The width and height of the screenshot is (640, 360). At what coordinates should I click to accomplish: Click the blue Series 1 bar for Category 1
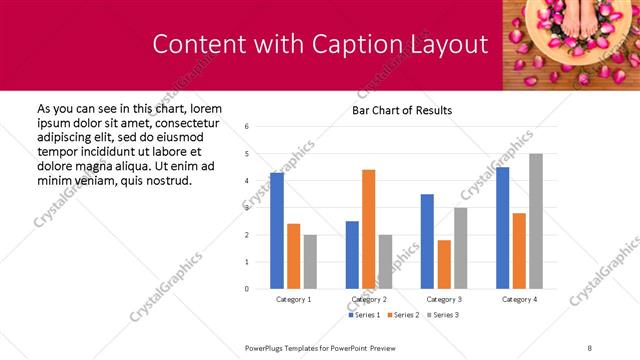click(277, 231)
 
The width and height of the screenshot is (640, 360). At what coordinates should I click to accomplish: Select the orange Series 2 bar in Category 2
click(368, 229)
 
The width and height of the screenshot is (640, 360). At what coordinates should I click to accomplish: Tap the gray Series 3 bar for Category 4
click(536, 221)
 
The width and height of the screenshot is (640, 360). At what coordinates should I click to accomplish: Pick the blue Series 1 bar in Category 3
click(427, 241)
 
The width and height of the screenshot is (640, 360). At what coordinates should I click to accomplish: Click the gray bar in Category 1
click(310, 262)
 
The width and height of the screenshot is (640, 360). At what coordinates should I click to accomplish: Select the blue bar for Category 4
click(502, 228)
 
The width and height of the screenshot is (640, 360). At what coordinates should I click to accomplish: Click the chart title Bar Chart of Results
click(402, 110)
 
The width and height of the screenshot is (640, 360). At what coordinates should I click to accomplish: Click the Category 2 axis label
click(369, 299)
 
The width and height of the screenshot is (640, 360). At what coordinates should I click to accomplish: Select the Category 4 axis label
click(519, 299)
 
